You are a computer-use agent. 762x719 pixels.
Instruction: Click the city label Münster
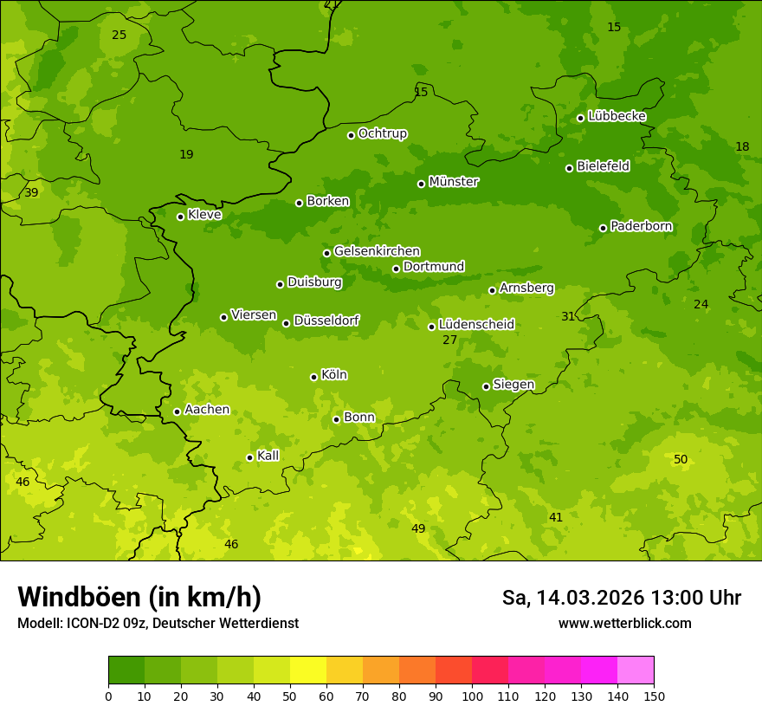tap(453, 182)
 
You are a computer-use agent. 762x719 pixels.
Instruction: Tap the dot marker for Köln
tap(313, 377)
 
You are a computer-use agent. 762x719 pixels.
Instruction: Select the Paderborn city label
tap(641, 226)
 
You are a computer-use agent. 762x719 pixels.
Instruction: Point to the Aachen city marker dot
tap(177, 411)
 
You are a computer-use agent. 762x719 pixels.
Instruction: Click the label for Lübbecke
tap(617, 116)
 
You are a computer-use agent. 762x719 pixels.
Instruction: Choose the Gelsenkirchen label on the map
tap(377, 251)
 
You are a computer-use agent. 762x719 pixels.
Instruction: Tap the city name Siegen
tap(513, 385)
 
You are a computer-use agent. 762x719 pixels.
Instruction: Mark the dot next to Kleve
tap(180, 217)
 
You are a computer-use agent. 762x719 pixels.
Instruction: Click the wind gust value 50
tap(681, 459)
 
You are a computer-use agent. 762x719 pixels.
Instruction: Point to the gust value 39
tap(31, 192)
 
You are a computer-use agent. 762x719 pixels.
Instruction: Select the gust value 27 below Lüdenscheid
tap(449, 340)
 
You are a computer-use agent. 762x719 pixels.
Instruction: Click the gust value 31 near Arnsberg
tap(567, 316)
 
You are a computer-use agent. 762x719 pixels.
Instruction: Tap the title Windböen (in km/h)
tap(139, 597)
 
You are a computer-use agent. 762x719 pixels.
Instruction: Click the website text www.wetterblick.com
tap(624, 623)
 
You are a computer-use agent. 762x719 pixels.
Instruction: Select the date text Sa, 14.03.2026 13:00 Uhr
tap(621, 598)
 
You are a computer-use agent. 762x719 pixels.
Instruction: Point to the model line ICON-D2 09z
tap(158, 623)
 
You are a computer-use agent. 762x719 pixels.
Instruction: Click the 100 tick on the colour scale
tap(472, 695)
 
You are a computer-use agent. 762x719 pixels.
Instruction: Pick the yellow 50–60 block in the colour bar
tap(308, 670)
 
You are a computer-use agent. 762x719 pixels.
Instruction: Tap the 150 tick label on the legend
tap(654, 695)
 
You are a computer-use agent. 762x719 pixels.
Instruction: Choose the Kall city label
tap(268, 456)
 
